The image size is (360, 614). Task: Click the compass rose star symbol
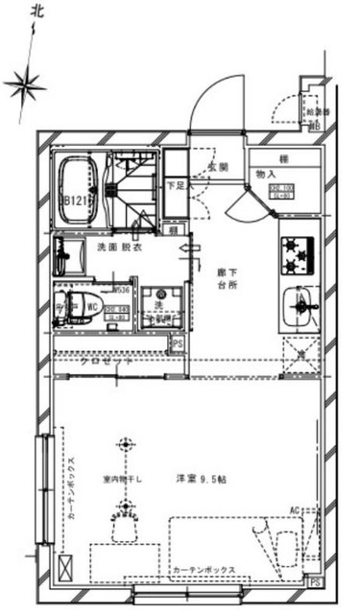[x=25, y=85]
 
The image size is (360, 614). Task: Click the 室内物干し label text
[x=124, y=479]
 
